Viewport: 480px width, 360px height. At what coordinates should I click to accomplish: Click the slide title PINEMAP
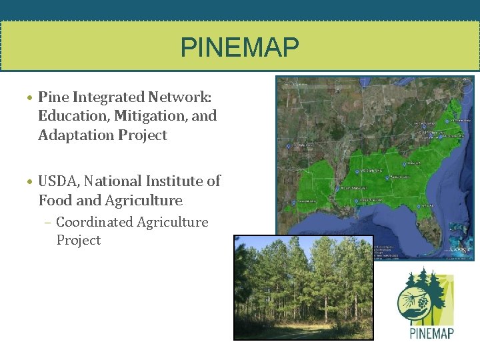[240, 48]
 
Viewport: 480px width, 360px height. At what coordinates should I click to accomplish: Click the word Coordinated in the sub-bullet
[94, 222]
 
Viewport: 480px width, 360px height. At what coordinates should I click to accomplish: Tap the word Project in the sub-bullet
[79, 240]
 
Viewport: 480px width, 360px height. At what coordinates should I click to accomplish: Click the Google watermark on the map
[460, 249]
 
